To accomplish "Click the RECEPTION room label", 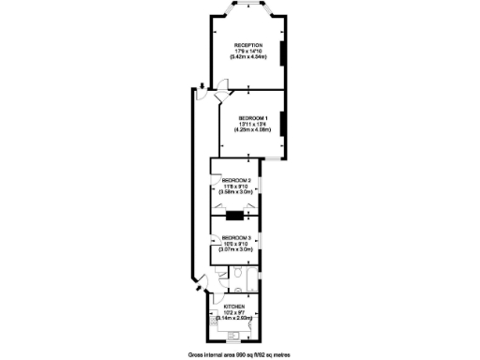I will (247, 45).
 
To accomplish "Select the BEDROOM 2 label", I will (236, 180).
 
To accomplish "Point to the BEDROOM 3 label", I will (236, 238).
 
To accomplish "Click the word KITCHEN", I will (234, 307).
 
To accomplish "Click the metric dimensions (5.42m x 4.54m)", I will (247, 58).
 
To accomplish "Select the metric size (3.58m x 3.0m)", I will (236, 192).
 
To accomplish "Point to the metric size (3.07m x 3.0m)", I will (236, 250).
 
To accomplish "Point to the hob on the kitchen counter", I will (215, 323).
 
